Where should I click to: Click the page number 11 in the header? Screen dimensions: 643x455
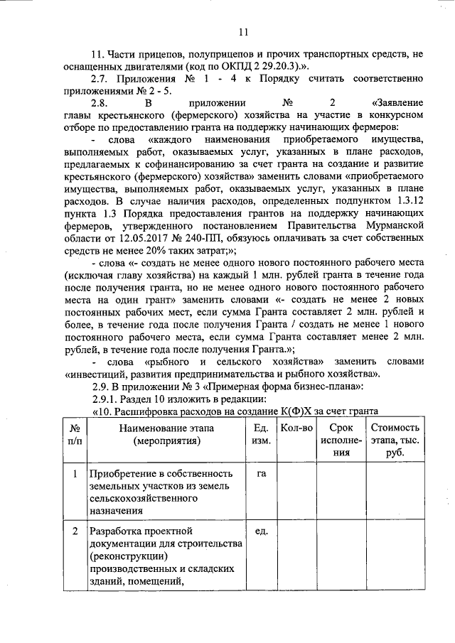242,31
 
